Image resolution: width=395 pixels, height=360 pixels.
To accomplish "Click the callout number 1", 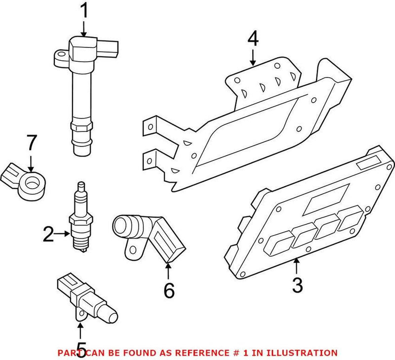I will pos(84,10).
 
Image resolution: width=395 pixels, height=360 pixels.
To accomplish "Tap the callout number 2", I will pos(48,234).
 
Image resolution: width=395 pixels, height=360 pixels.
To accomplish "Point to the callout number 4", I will pos(252,38).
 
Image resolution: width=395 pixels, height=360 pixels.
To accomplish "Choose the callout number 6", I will pos(168,290).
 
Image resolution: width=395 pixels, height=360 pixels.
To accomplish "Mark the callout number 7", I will pos(31,143).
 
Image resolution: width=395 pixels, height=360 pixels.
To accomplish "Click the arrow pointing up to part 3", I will pos(296,267).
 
